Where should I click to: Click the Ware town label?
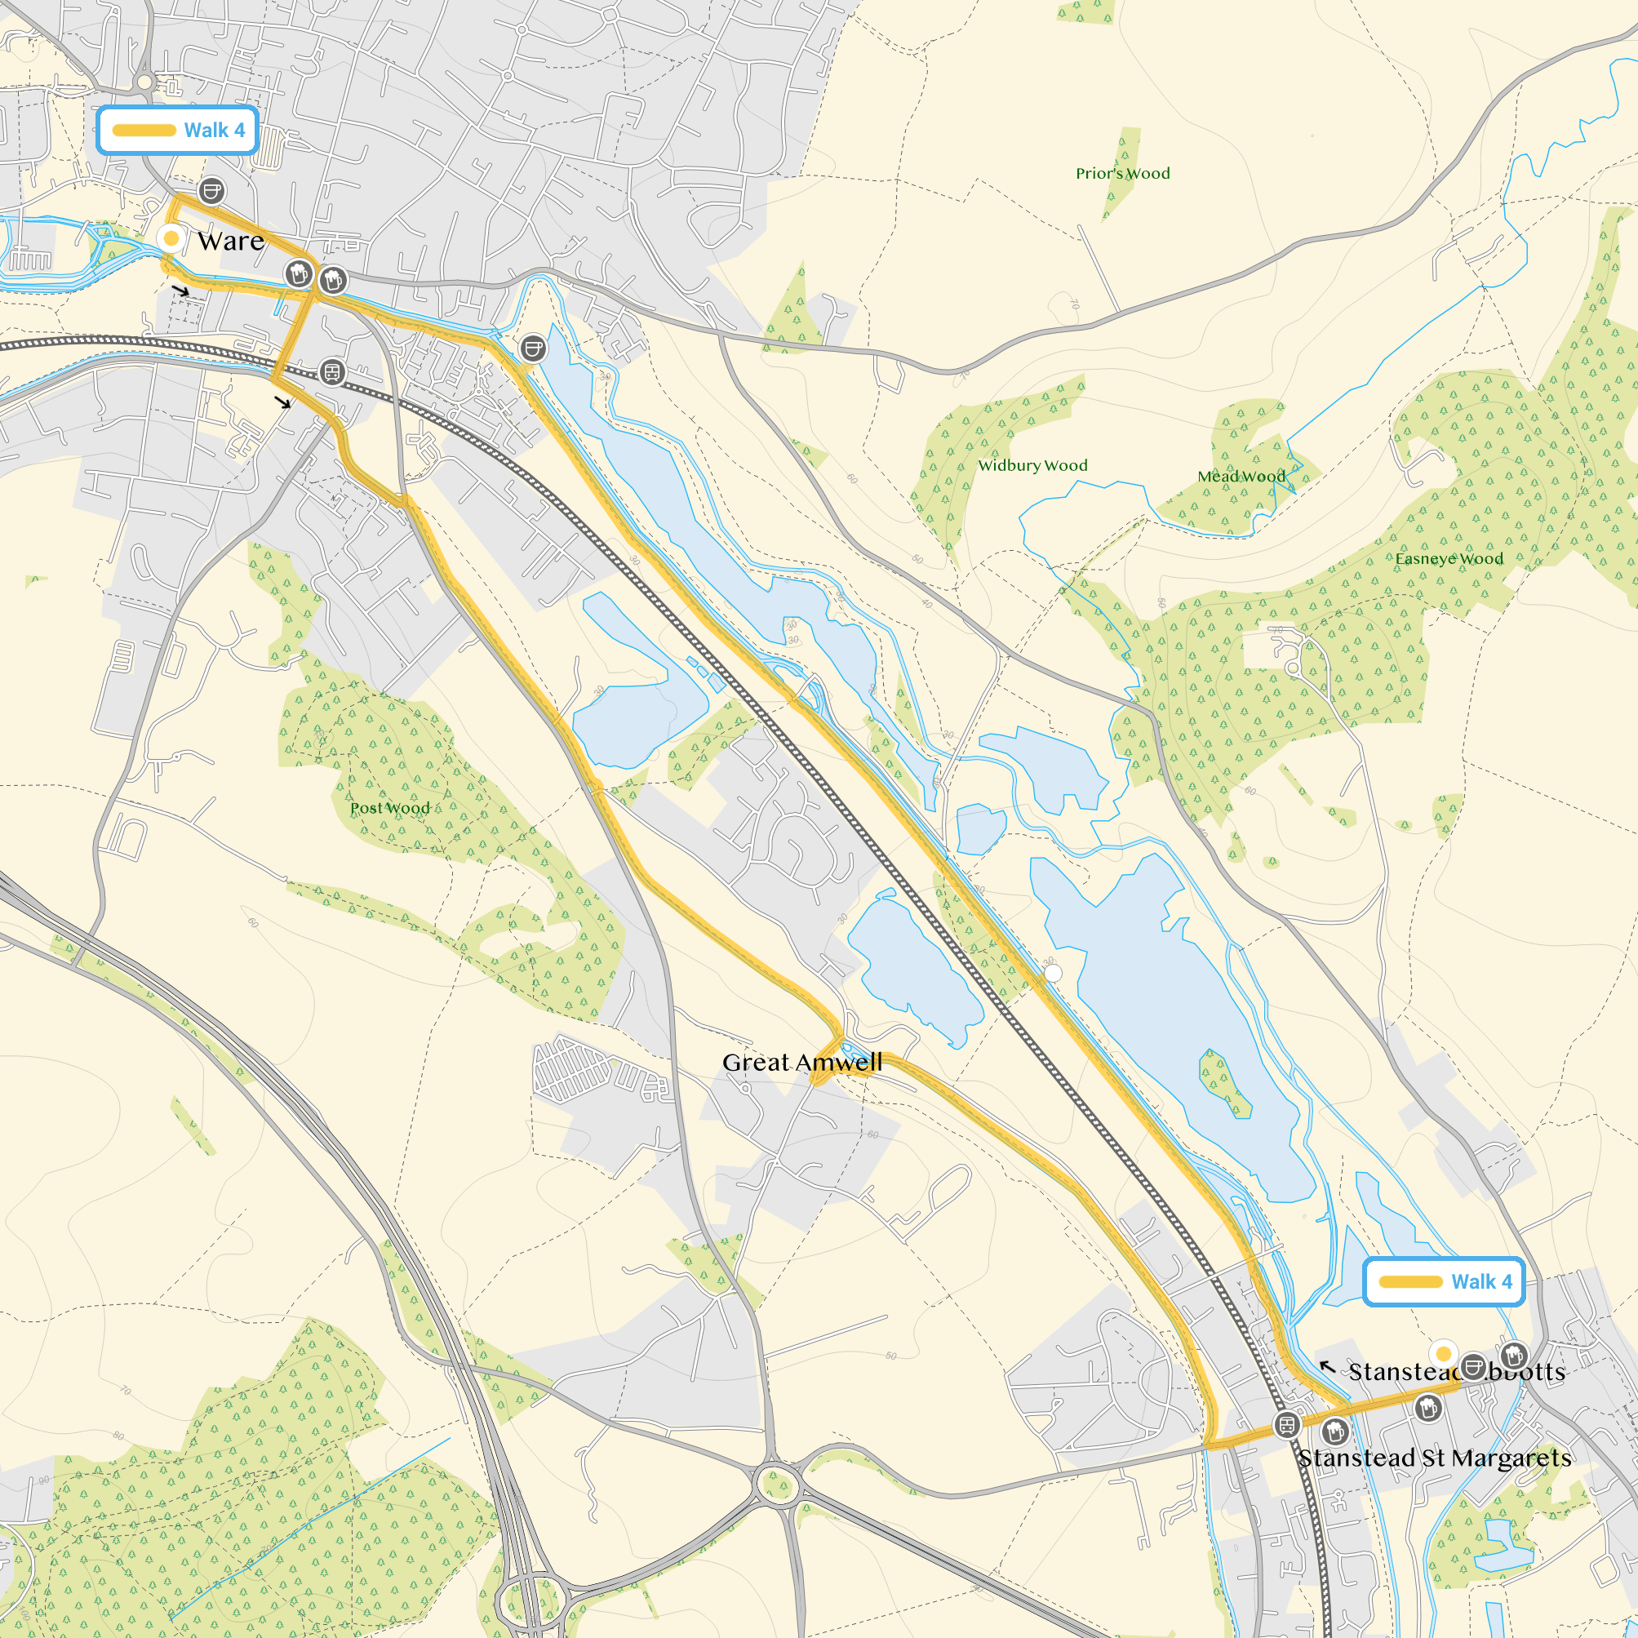point(231,241)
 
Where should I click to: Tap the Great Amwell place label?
point(801,1063)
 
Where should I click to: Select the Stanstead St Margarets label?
point(1434,1458)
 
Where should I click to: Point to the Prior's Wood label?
point(1122,174)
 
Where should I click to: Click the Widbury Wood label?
point(1032,465)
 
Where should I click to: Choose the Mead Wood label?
point(1241,477)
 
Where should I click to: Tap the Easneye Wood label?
point(1448,559)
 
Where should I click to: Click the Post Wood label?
point(390,808)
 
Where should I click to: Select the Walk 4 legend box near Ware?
point(177,131)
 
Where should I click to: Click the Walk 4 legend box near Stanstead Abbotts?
point(1444,1282)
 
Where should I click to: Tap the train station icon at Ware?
point(331,372)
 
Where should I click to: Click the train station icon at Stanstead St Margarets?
point(1286,1425)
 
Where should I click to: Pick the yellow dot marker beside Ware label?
point(171,238)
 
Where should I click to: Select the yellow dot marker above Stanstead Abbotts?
point(1443,1353)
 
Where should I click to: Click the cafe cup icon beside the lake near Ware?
point(532,348)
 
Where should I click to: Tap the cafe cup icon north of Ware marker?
point(211,191)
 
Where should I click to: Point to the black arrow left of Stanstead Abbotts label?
point(1328,1367)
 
